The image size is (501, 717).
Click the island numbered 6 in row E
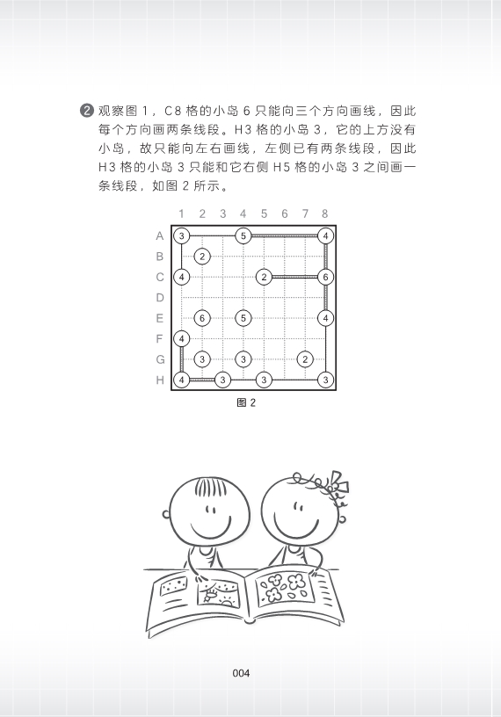click(x=202, y=318)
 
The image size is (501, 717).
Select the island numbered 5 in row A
click(x=243, y=236)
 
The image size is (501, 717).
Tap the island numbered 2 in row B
click(x=202, y=257)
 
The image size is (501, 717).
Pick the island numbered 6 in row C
click(x=326, y=277)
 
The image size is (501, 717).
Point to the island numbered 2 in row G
click(x=305, y=359)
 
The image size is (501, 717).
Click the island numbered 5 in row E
click(x=243, y=318)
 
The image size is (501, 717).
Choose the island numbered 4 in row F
click(x=182, y=339)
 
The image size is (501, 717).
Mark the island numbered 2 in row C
click(x=264, y=277)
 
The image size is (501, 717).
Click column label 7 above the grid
click(x=305, y=214)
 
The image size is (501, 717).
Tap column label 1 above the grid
click(x=182, y=214)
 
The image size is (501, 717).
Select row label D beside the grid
click(x=160, y=298)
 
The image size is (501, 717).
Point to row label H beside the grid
click(x=160, y=380)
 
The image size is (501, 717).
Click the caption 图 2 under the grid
click(x=246, y=402)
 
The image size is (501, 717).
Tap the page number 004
click(x=241, y=673)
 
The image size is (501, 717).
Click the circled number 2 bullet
click(x=86, y=111)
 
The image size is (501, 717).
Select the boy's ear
click(x=166, y=514)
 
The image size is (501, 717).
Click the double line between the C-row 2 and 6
click(x=295, y=277)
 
